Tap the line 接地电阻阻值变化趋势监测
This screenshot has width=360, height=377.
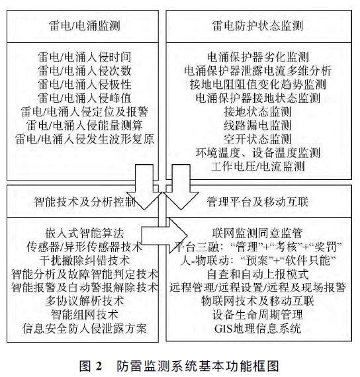point(263,84)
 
